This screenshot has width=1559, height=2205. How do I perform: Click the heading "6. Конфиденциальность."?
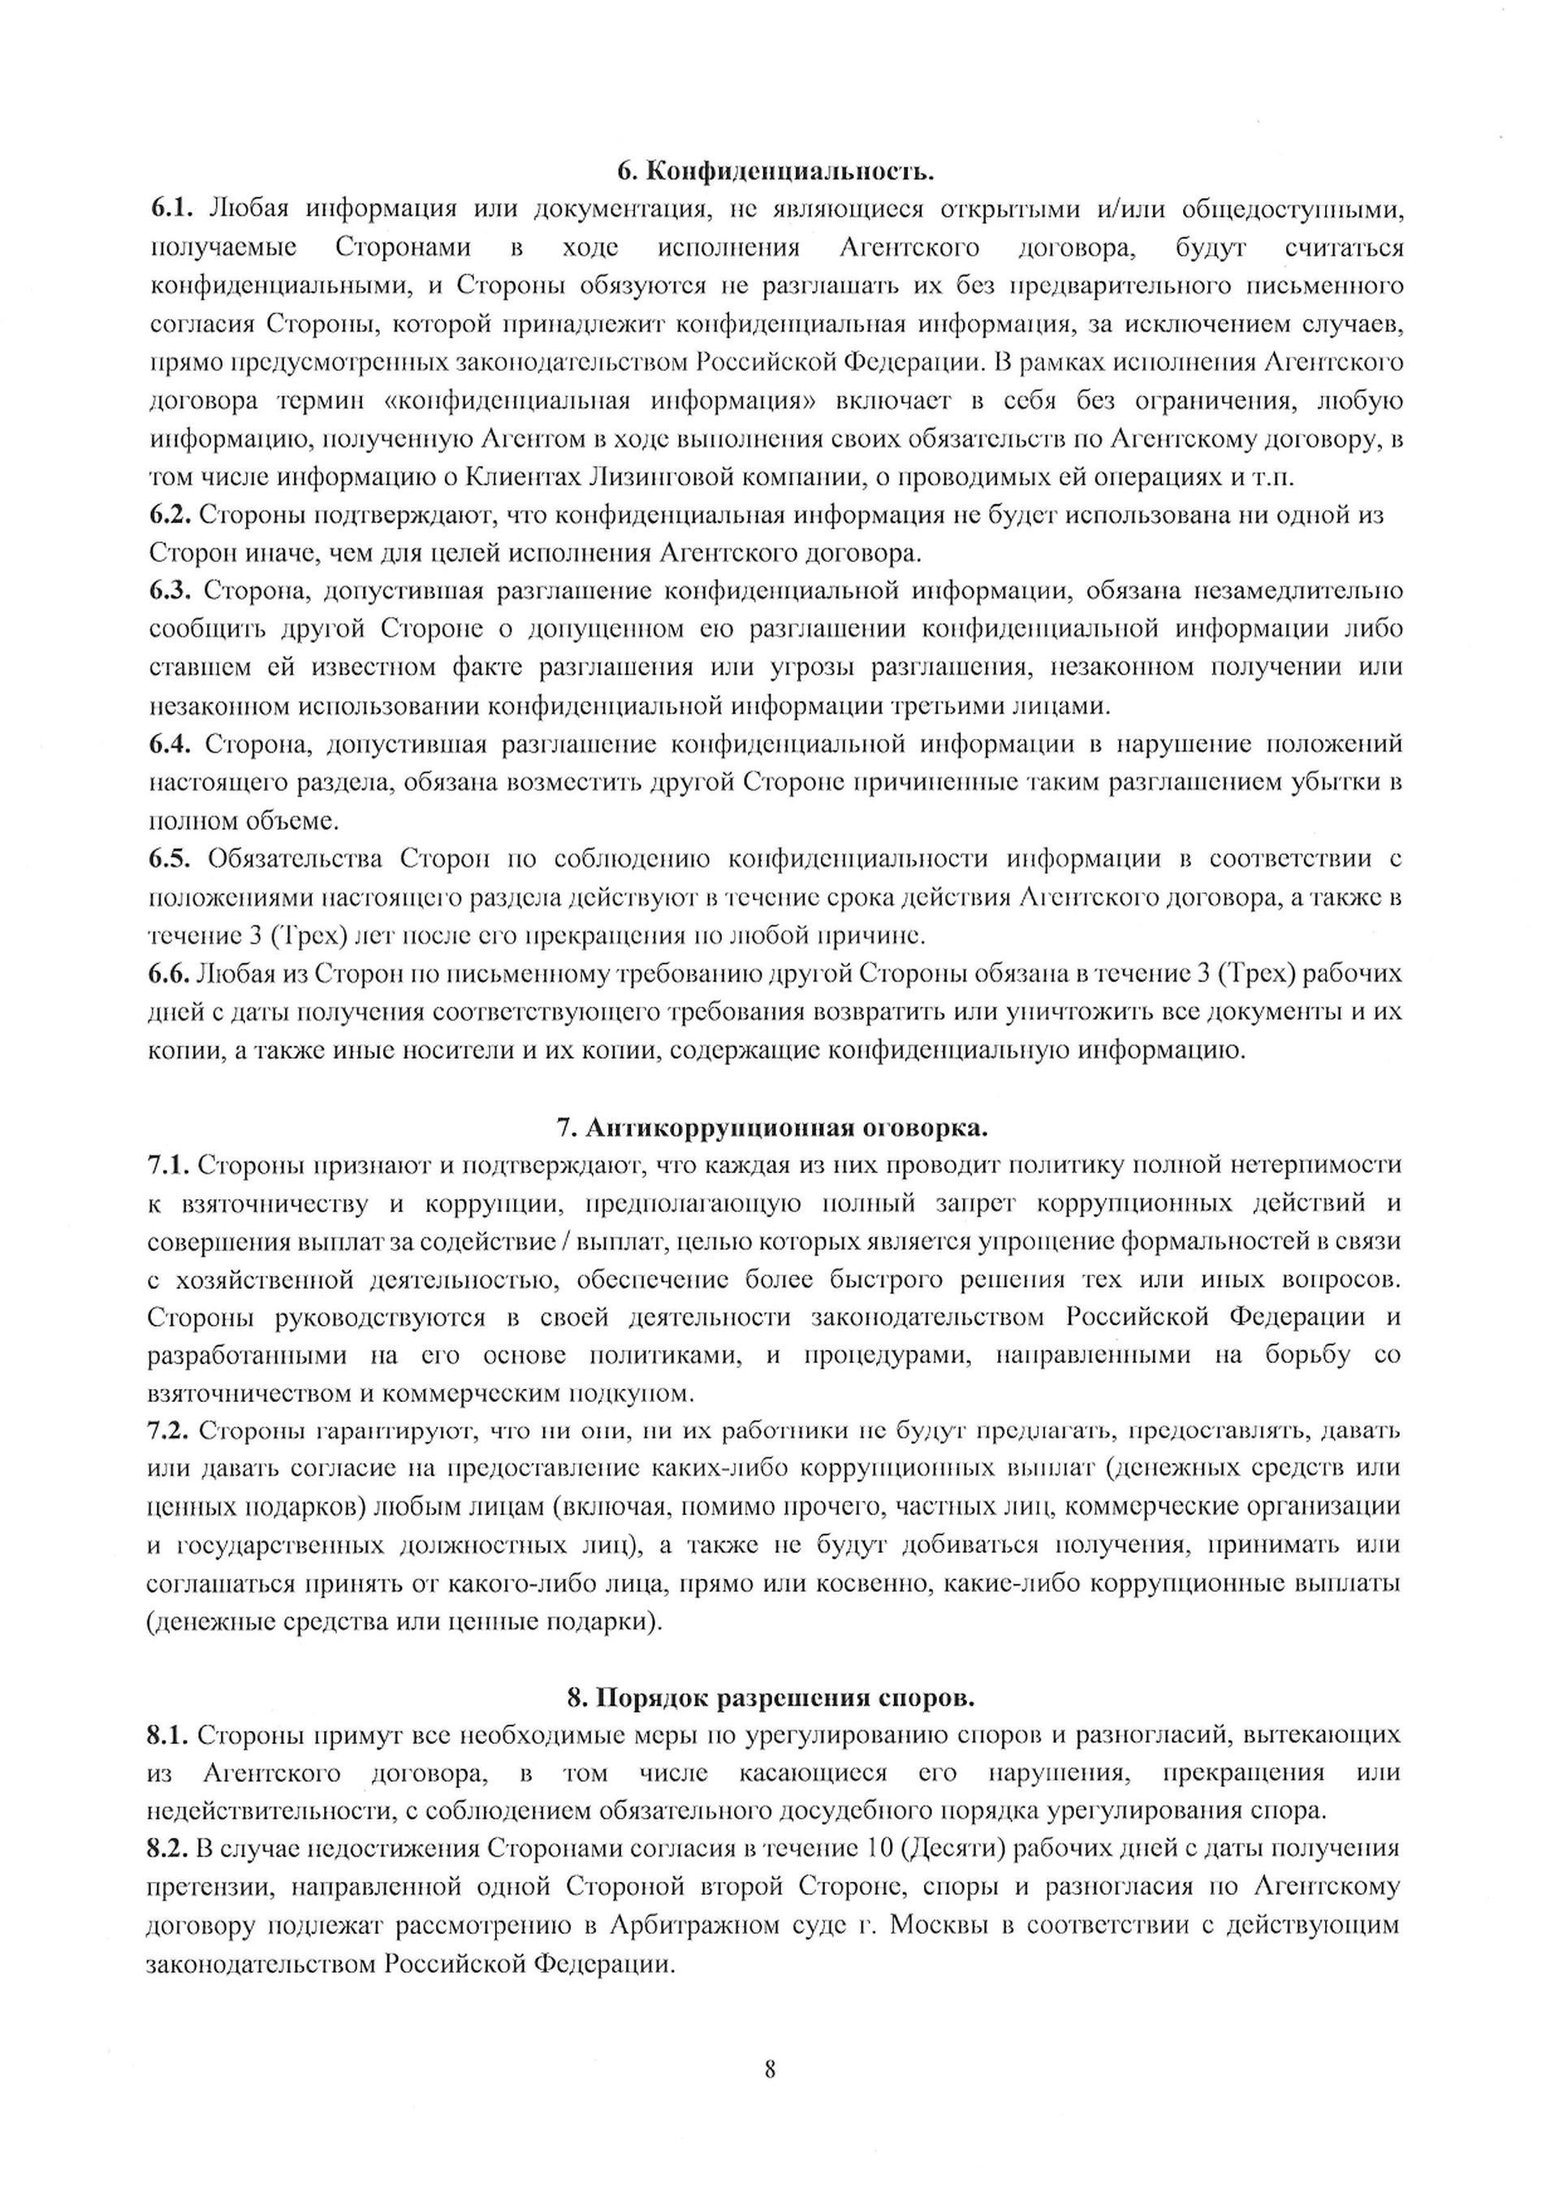tap(776, 172)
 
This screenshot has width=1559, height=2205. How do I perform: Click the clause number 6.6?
tap(169, 973)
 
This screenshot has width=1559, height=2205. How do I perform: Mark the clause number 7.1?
tap(169, 1165)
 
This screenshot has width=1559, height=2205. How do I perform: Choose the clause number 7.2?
tap(169, 1431)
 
